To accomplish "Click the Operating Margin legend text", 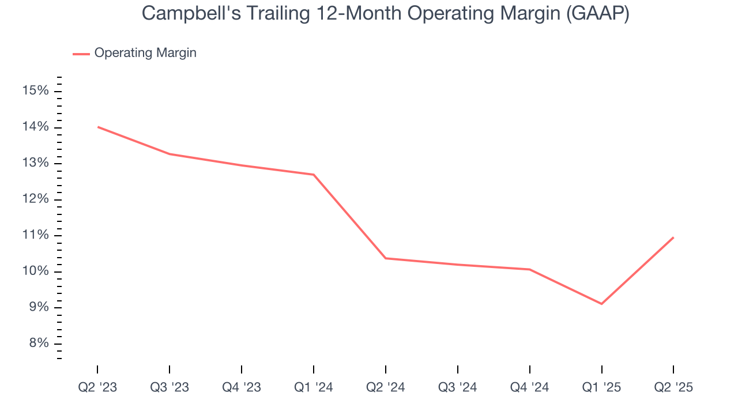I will tap(145, 53).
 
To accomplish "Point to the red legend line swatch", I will tap(81, 54).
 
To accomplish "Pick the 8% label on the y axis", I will tap(38, 344).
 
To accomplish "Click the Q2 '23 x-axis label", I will tap(97, 387).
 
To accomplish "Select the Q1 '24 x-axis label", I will tap(314, 387).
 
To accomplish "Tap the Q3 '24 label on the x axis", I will tap(458, 387).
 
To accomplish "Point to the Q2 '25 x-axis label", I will tap(673, 387).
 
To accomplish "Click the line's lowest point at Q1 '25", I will tap(601, 304).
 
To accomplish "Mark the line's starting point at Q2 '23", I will tap(98, 127).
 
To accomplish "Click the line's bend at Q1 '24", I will tap(314, 175).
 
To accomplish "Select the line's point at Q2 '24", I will tap(385, 258).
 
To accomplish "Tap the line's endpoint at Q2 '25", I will tap(673, 237).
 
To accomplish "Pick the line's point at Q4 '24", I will tap(529, 269).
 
